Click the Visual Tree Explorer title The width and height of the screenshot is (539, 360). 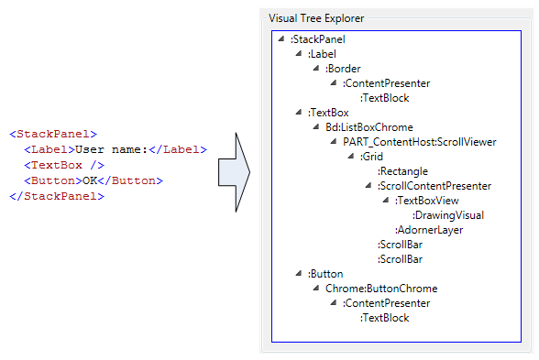click(315, 17)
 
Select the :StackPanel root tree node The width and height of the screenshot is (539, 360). click(317, 39)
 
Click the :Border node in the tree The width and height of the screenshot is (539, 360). click(343, 69)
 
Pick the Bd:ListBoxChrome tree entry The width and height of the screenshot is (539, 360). click(363, 127)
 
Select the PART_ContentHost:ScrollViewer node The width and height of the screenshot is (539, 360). click(420, 142)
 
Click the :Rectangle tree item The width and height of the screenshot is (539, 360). click(402, 171)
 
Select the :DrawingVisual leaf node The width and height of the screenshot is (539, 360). click(448, 215)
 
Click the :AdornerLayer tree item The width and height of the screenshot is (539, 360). click(429, 230)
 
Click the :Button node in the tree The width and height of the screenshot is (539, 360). click(325, 274)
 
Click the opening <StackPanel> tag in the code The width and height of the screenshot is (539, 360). click(52, 134)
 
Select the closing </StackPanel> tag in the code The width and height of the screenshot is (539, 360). click(56, 196)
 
